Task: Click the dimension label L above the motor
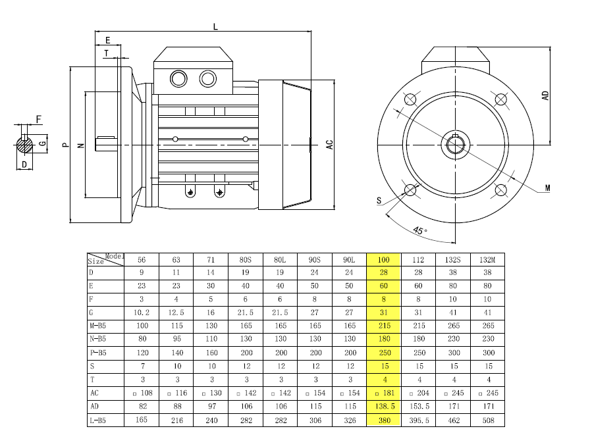(215, 27)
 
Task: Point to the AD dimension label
(545, 95)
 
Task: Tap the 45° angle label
(419, 230)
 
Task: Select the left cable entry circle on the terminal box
(178, 79)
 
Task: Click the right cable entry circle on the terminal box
(207, 79)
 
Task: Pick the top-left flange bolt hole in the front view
(410, 99)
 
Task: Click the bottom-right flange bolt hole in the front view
(500, 190)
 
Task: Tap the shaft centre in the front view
(455, 145)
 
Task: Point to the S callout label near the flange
(379, 201)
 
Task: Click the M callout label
(547, 188)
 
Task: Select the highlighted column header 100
(383, 259)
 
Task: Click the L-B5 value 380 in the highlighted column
(384, 420)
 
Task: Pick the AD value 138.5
(384, 407)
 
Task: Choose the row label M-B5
(97, 325)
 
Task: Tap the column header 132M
(487, 259)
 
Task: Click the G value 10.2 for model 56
(142, 312)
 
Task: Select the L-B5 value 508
(488, 420)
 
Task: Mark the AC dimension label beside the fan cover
(330, 145)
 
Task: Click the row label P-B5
(98, 353)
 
